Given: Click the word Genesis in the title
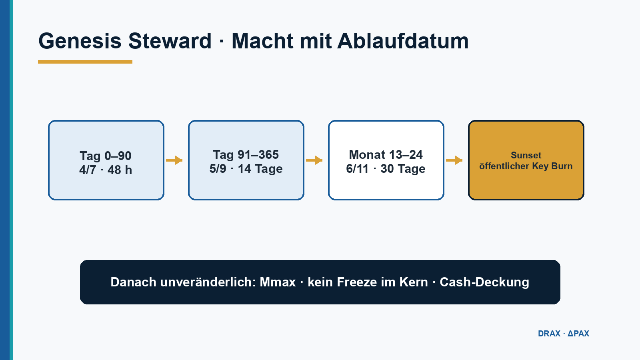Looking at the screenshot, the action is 80,41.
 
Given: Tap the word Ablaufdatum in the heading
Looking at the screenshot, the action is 403,41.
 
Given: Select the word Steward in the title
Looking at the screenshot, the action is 170,41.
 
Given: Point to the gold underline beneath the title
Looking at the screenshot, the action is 85,62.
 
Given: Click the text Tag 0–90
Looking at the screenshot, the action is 106,156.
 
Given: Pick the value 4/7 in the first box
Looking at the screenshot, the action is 88,170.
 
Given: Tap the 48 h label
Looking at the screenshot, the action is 120,170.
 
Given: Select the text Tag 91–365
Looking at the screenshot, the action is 246,155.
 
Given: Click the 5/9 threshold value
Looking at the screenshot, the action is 218,168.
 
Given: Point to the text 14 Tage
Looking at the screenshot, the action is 260,169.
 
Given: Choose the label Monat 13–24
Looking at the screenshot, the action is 386,155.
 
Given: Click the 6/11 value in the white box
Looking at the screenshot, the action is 357,168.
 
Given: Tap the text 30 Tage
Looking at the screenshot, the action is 403,169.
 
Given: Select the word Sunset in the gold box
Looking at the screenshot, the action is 526,155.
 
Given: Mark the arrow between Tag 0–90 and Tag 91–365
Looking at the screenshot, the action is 174,160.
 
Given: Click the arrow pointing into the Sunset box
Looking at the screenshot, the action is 454,160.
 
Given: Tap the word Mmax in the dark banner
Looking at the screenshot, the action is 278,282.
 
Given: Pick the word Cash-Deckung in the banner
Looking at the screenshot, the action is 484,282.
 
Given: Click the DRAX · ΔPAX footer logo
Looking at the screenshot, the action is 564,334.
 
